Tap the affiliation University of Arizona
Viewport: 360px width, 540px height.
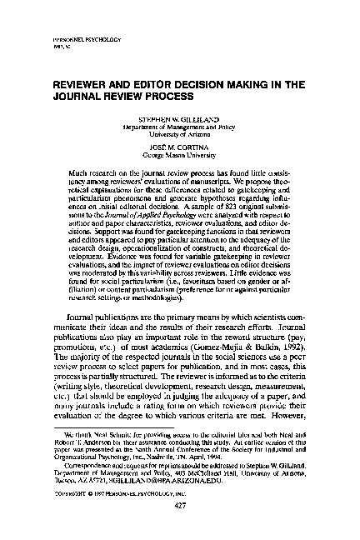180,132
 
